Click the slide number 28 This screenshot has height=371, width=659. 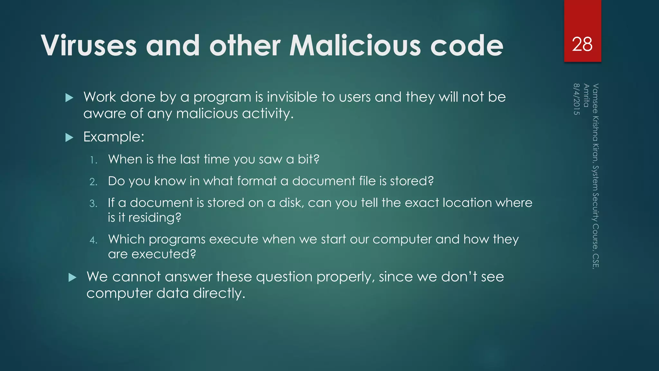coord(582,44)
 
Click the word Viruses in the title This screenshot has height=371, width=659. coord(89,46)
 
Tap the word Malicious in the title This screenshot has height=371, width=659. coord(355,46)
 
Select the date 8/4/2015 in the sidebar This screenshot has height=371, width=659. coord(577,99)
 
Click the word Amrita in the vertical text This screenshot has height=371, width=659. coord(586,95)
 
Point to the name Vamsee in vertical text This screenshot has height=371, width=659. coord(596,99)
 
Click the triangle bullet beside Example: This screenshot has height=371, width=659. coord(69,138)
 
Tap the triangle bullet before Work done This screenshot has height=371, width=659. coord(69,98)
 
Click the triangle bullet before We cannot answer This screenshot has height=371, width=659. coord(72,278)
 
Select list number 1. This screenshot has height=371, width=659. coord(93,160)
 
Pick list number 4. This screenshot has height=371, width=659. coord(93,240)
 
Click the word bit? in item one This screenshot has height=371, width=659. coord(308,159)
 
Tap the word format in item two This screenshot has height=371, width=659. coord(257,181)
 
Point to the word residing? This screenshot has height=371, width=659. coord(155,218)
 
